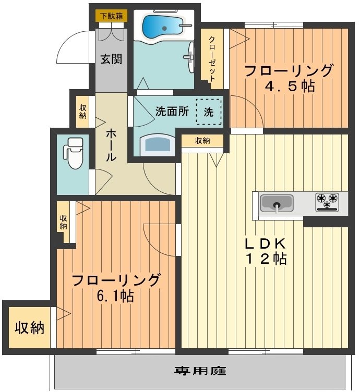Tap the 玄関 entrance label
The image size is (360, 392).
[x=112, y=59]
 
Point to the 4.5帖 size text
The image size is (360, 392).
[x=290, y=86]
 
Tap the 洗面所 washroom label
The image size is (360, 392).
[x=172, y=111]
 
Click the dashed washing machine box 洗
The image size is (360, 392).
[x=208, y=112]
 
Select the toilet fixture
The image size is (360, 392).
[x=74, y=152]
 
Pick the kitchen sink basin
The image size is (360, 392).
[x=277, y=202]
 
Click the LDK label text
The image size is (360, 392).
[x=266, y=242]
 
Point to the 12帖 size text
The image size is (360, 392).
[x=266, y=259]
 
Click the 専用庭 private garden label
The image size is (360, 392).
[x=200, y=371]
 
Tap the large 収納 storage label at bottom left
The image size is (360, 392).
[x=29, y=328]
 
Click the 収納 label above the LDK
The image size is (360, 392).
[x=202, y=140]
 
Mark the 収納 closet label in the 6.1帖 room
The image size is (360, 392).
[x=63, y=223]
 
